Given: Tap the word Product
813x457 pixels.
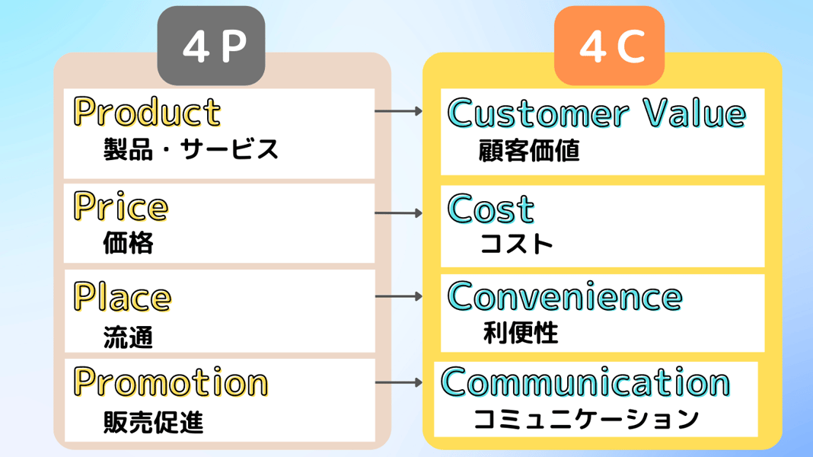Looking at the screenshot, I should (147, 112).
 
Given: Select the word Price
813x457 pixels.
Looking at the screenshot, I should (120, 206).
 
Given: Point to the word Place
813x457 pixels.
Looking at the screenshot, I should (122, 296).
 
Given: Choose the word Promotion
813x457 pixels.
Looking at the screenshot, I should (171, 382).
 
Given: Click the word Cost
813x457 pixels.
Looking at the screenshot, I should (491, 209).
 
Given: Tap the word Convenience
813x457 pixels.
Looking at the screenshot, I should (565, 296).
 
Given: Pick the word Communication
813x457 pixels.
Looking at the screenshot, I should (585, 382).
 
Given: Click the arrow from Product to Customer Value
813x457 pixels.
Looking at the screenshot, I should (399, 111).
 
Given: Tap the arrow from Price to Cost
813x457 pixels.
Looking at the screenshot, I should (399, 213).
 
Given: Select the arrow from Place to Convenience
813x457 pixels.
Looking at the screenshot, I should (399, 296).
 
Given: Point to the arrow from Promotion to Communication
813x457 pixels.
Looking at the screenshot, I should (399, 382).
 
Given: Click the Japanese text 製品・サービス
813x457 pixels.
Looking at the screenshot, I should (191, 149).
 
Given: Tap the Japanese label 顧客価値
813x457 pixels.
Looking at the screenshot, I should (529, 151).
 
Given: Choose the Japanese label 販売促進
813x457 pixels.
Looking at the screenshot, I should (153, 422).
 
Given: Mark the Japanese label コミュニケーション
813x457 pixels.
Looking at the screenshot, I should (585, 419).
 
